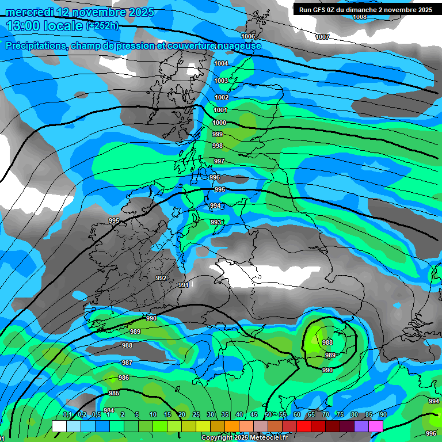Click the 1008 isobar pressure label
pos(360,17)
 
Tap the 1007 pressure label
pos(322,37)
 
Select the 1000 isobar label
pos(219,123)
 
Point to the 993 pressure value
pos(216,222)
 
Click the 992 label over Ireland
pos(161,278)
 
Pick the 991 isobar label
pos(184,285)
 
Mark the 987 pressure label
pos(127,363)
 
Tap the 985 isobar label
pos(114,393)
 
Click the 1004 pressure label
pos(221,63)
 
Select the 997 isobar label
pos(219,161)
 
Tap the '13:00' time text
pos(24,26)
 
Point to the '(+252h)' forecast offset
pos(102,25)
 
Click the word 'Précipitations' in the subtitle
pos(34,45)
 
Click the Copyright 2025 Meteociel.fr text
pos(244,437)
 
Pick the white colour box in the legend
pos(59,426)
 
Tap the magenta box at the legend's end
pos(376,426)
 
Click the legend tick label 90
pos(383,415)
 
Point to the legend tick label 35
pos(224,415)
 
